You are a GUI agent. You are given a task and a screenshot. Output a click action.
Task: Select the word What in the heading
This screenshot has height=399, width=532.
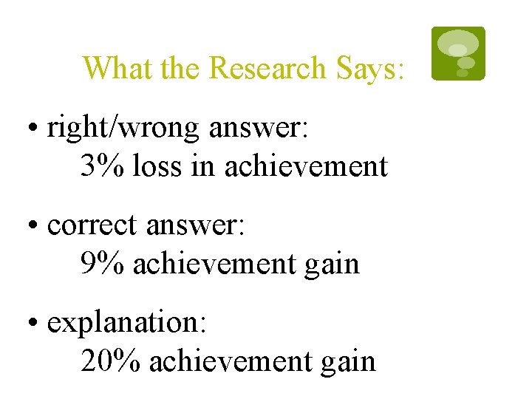coord(111,68)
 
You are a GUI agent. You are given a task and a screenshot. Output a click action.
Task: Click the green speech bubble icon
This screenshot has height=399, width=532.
coord(458,53)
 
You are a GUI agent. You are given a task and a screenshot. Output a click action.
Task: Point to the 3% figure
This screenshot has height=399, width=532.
coord(103,166)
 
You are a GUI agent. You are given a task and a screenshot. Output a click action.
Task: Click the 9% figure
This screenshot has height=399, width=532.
coord(103,263)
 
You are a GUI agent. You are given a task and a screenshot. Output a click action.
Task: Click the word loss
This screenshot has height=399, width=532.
coord(157,166)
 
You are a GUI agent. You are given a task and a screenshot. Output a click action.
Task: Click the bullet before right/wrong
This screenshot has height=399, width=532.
coord(34,129)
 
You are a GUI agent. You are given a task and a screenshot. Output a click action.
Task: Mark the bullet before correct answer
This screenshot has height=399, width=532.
coord(34,226)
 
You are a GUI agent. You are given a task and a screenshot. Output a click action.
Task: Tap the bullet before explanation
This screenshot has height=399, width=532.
coord(34,324)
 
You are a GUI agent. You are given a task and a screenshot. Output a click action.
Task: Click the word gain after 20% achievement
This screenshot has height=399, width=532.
coord(349,361)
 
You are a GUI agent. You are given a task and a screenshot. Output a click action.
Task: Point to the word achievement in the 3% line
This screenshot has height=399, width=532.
coord(305,166)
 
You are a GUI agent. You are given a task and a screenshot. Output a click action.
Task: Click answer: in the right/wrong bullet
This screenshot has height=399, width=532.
coord(259,129)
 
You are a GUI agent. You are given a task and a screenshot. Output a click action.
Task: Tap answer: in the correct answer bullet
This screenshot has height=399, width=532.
coord(196,225)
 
